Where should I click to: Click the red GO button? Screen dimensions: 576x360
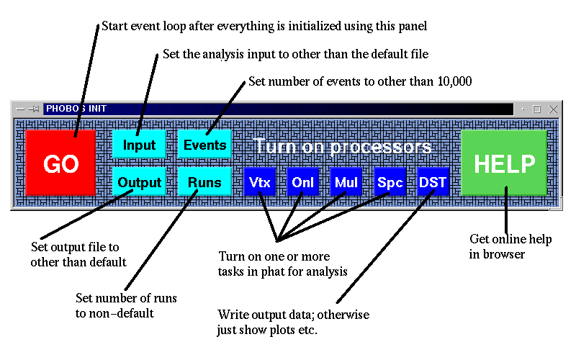click(60, 163)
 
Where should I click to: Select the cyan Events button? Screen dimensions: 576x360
click(204, 144)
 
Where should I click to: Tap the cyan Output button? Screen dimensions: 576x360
click(139, 181)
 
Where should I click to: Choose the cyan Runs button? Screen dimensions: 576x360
click(204, 181)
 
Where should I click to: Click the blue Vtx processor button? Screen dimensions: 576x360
click(260, 181)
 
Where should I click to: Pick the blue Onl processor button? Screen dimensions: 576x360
click(302, 181)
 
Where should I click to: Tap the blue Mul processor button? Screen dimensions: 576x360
click(346, 181)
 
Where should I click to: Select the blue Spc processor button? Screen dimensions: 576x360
click(390, 181)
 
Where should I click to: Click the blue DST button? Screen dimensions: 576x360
click(433, 181)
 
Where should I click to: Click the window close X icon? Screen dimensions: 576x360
click(553, 109)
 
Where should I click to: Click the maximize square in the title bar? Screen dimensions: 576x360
click(536, 109)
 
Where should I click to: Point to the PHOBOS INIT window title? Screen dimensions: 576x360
click(76, 109)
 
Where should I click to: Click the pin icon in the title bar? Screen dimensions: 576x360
click(34, 109)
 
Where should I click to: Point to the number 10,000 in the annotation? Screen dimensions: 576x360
click(454, 81)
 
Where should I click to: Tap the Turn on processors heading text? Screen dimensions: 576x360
click(343, 146)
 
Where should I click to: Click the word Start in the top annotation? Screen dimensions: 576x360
click(114, 26)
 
